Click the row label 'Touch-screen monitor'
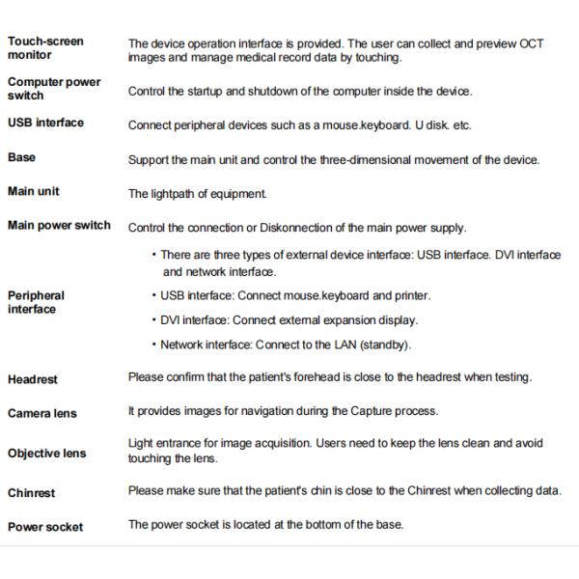coord(45,48)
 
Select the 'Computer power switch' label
coord(53,89)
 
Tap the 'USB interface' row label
coord(45,123)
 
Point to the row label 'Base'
coord(22,156)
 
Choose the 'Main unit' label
coord(34,191)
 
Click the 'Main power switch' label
coord(59,226)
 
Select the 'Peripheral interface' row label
coord(37,302)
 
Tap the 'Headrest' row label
coord(33,379)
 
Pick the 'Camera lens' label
coord(42,414)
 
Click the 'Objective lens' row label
coord(46,453)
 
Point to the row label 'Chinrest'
coord(32,492)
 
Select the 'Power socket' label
coord(45,527)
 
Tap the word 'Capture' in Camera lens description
coord(342,412)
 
